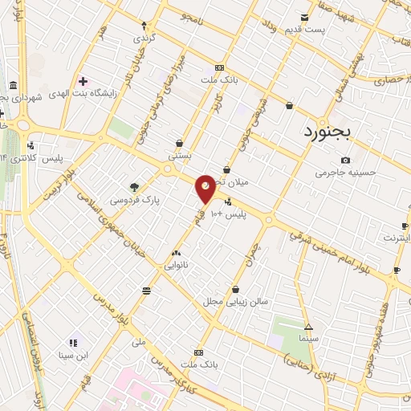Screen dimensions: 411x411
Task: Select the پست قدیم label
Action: point(304,30)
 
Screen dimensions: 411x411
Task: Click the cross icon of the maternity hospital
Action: point(83,80)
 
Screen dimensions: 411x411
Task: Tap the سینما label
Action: point(309,339)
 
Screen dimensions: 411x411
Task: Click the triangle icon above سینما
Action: point(309,326)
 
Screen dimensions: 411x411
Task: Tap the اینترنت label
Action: point(397,238)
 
